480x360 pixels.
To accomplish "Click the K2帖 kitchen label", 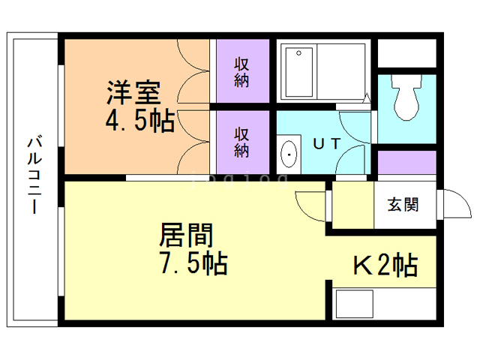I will [x=385, y=265].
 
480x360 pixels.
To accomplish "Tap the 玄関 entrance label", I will [x=403, y=204].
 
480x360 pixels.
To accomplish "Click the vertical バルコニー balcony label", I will [x=34, y=176].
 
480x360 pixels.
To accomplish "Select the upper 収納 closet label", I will [x=241, y=72].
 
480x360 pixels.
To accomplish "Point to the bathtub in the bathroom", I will [x=322, y=72].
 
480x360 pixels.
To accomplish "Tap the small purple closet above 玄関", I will [x=406, y=162].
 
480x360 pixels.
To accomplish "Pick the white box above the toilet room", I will [x=406, y=53].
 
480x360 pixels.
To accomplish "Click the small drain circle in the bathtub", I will [x=300, y=54].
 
